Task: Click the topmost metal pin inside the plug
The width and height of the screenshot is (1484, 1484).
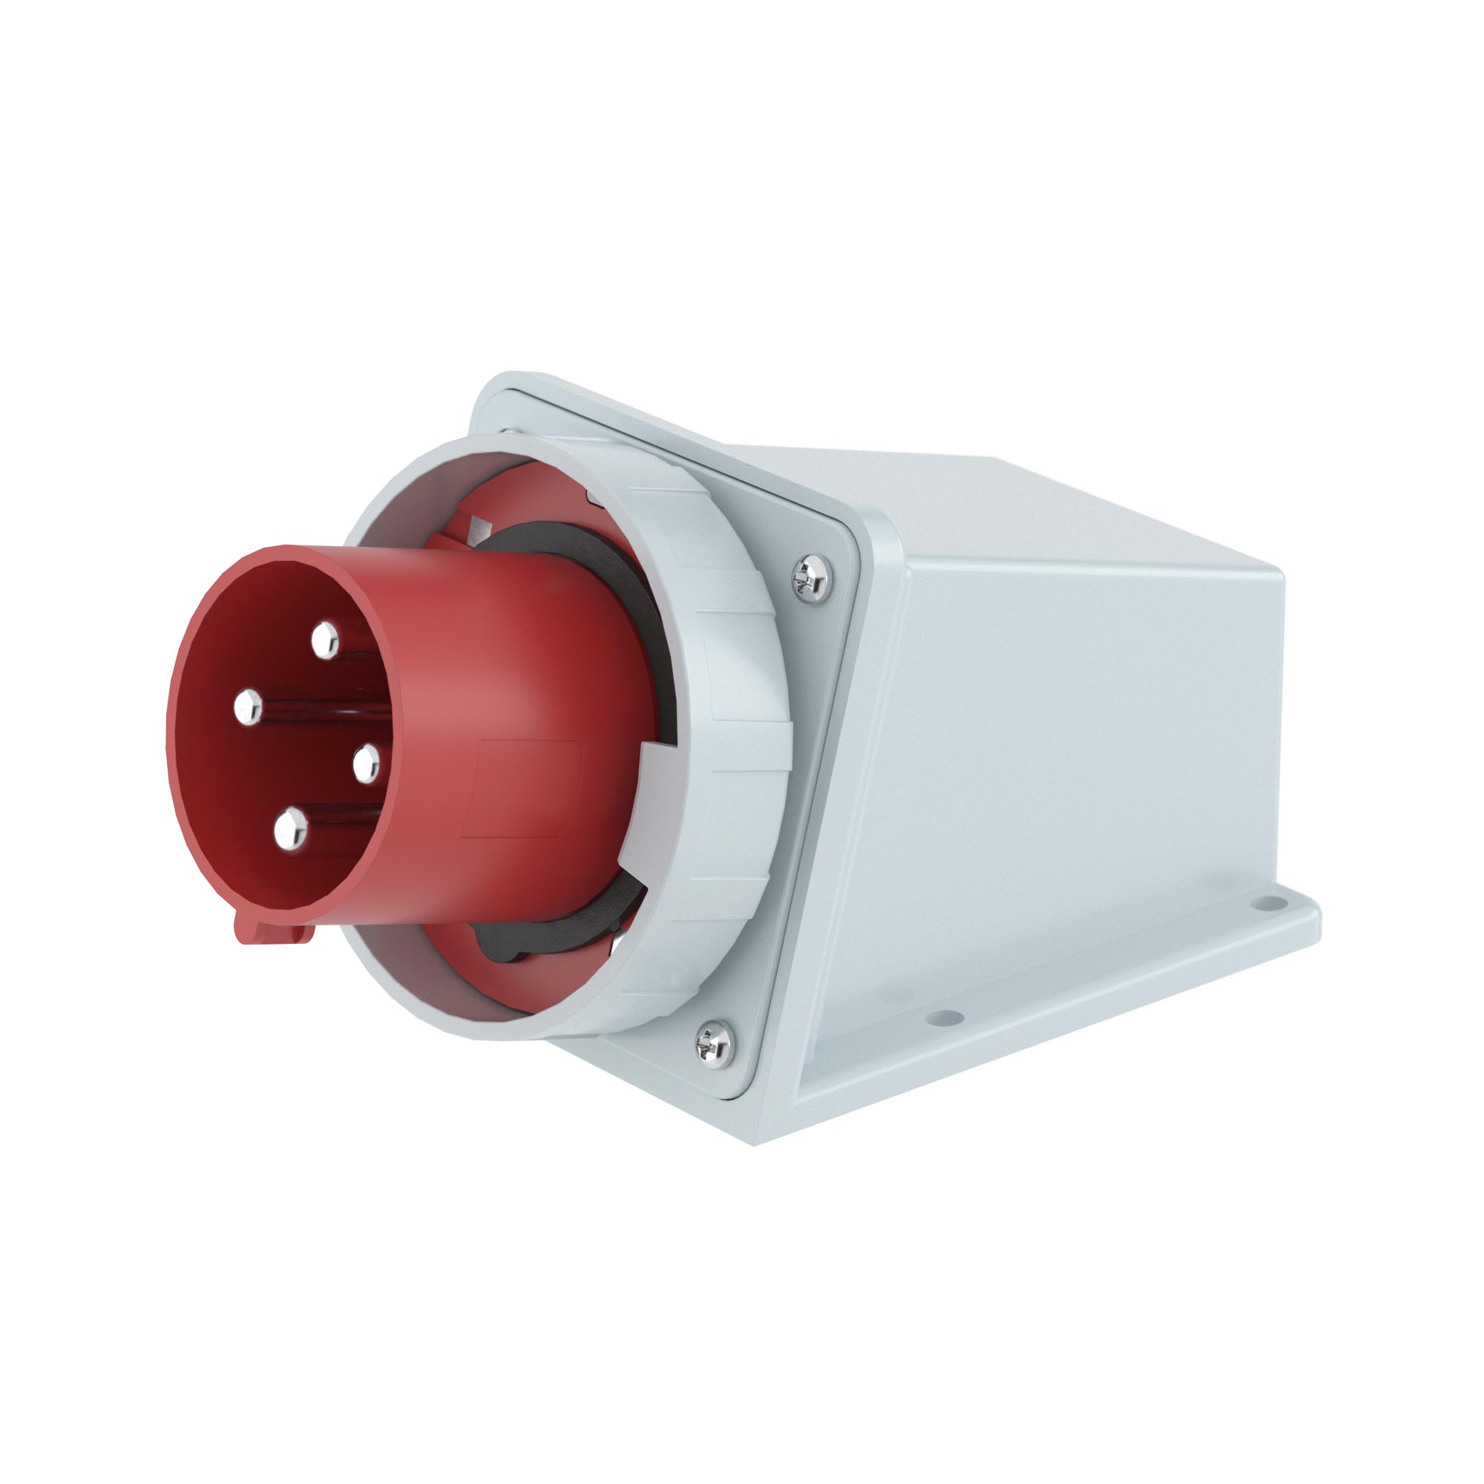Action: tap(325, 639)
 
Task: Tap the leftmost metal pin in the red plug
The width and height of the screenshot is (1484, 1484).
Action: tap(247, 706)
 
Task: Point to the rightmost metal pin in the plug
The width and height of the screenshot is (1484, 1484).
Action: tap(367, 763)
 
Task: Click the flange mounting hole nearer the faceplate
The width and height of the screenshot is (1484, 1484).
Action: tap(944, 1020)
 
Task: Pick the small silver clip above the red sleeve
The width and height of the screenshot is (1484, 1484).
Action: tap(479, 528)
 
